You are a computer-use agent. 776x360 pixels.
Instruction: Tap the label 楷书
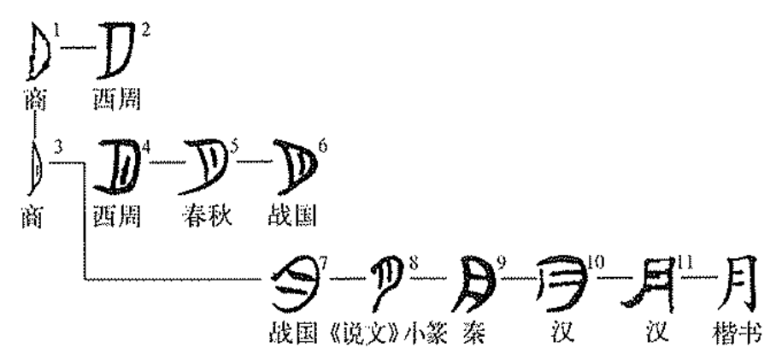(737, 333)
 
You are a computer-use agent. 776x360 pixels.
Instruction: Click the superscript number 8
(414, 259)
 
